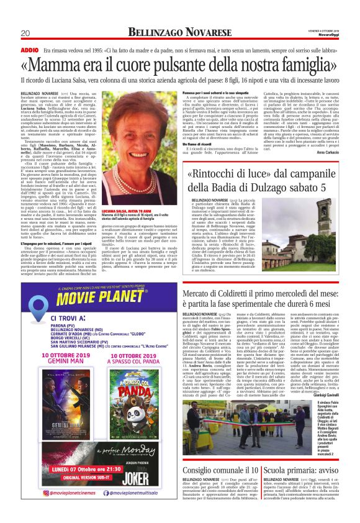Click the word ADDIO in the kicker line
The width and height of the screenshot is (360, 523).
(29, 48)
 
